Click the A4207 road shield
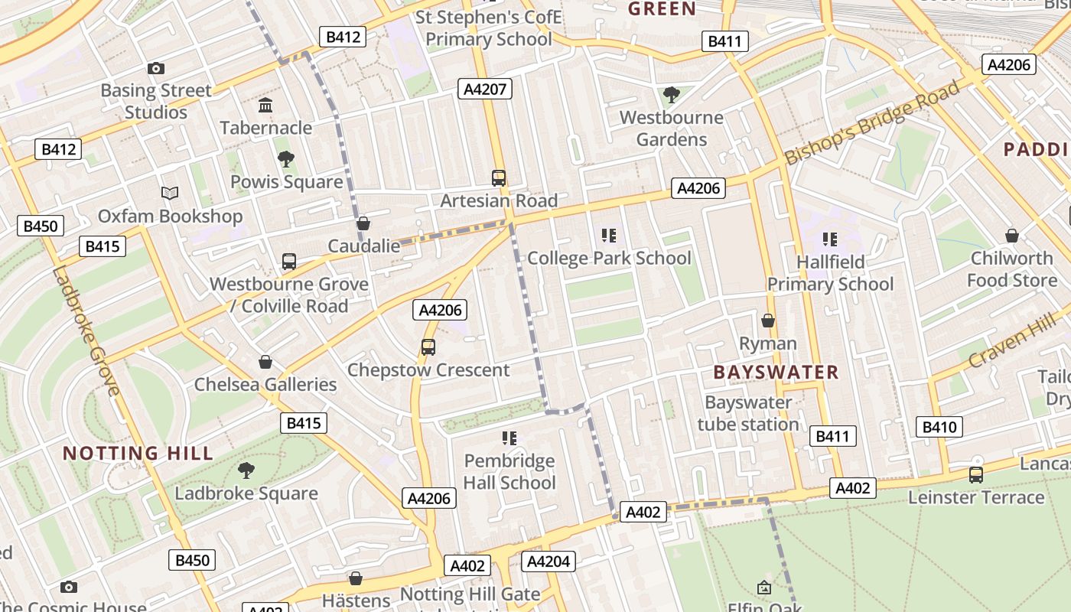click(x=486, y=90)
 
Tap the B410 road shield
click(x=939, y=427)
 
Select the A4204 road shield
click(x=549, y=562)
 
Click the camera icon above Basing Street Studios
click(x=156, y=69)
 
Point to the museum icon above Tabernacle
click(x=265, y=105)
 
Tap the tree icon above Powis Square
click(x=286, y=159)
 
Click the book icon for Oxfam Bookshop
click(x=170, y=194)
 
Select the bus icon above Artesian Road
click(x=499, y=178)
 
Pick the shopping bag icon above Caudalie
click(x=363, y=223)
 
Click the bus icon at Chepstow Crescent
click(x=428, y=347)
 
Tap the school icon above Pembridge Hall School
click(x=509, y=438)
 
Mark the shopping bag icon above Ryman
click(x=767, y=321)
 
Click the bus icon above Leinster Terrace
click(x=975, y=475)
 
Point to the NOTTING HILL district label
click(x=138, y=453)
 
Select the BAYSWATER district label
click(x=776, y=373)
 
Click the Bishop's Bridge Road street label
click(x=872, y=122)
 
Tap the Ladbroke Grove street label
click(x=86, y=330)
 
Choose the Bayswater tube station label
click(x=748, y=413)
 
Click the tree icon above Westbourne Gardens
click(x=672, y=95)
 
